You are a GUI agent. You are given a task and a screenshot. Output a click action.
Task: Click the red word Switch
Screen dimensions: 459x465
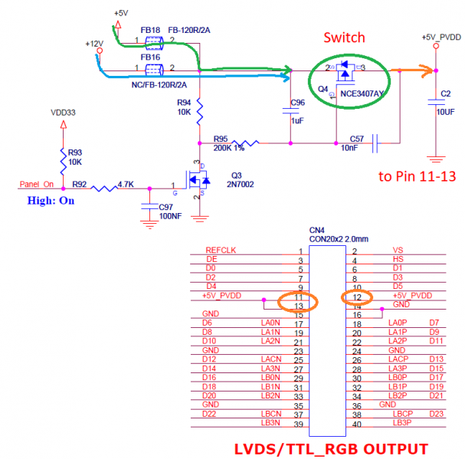343,37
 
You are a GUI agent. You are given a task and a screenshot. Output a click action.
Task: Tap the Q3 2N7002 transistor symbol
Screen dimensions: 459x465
198,180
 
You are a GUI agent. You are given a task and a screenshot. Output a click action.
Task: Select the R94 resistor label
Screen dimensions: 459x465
184,102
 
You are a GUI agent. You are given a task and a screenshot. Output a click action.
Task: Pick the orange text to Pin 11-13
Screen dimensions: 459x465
418,176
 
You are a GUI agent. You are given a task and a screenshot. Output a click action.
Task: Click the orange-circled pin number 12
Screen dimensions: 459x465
357,297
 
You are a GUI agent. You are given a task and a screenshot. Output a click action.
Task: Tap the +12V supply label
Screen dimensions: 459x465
94,44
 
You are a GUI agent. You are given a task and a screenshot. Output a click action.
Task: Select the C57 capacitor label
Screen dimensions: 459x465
356,139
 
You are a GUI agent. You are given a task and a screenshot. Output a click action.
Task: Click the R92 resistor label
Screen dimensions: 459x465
80,184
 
